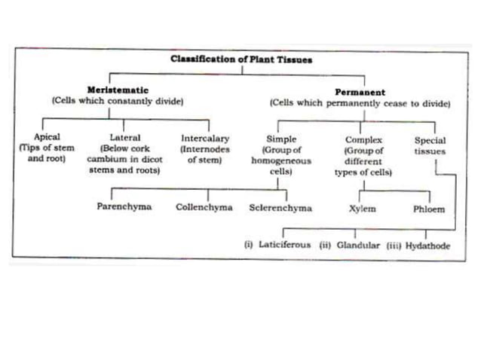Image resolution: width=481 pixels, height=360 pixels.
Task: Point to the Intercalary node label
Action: click(205, 139)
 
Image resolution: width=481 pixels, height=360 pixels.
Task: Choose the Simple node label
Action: click(281, 139)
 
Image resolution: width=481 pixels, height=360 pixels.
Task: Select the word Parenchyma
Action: click(124, 206)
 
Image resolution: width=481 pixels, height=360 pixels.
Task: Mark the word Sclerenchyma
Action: click(280, 206)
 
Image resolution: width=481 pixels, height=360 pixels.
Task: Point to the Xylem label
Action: click(364, 207)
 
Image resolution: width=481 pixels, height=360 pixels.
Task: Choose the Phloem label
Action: click(429, 207)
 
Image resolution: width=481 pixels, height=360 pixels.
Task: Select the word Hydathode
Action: click(425, 245)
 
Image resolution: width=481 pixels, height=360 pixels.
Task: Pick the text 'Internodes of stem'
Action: click(205, 154)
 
